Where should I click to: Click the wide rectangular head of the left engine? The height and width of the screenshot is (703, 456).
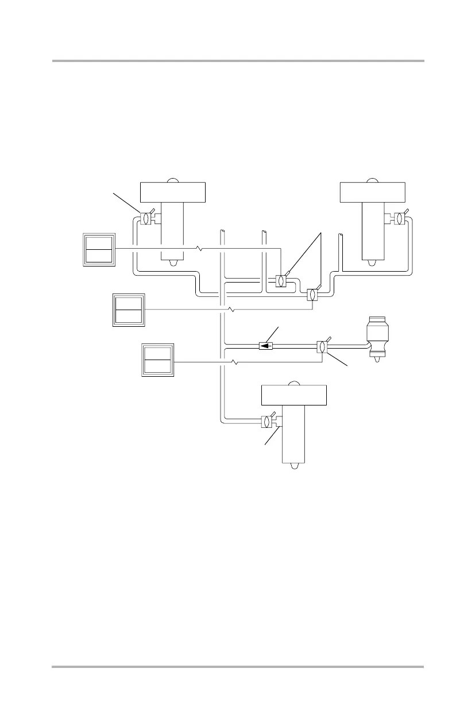[172, 191]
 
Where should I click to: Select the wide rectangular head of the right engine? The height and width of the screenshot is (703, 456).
[373, 191]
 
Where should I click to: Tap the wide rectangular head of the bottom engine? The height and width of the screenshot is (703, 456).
[294, 395]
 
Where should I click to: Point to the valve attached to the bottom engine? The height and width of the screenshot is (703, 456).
[266, 422]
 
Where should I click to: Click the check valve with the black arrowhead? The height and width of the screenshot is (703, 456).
[265, 346]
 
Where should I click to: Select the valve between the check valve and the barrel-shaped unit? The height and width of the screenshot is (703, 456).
[322, 347]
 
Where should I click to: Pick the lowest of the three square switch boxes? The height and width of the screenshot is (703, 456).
[157, 360]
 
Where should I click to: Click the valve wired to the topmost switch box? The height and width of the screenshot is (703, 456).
[281, 281]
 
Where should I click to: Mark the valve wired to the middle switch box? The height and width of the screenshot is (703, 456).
[312, 295]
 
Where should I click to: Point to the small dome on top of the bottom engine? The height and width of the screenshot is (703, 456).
[294, 383]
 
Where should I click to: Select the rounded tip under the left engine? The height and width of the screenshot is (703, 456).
[172, 264]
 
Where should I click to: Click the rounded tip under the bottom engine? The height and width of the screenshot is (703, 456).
[294, 466]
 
